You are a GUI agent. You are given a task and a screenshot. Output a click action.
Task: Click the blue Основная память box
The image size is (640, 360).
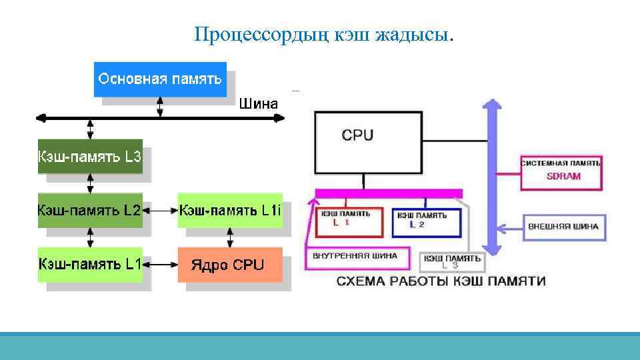[159, 79]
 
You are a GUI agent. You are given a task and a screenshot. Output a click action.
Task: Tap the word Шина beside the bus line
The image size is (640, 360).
[257, 103]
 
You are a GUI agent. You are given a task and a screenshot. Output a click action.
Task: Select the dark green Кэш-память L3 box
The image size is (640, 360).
[90, 157]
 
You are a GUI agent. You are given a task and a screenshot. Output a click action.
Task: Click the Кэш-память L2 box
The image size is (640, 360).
[90, 210]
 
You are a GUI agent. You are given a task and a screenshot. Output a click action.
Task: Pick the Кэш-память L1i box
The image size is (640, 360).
[230, 210]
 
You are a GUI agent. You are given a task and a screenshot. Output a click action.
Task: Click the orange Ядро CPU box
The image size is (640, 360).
[229, 264]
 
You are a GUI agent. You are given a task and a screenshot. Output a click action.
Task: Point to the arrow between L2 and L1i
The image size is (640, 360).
[160, 211]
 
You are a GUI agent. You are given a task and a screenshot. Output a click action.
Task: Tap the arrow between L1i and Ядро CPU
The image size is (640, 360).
[231, 237]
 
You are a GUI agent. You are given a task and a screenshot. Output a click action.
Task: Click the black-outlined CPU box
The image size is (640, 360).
[367, 141]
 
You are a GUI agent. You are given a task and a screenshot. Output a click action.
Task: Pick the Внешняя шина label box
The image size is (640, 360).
[563, 227]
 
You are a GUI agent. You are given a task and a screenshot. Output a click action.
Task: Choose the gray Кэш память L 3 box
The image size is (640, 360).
[452, 261]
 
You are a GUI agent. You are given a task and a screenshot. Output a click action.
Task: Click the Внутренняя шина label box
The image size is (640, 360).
[355, 255]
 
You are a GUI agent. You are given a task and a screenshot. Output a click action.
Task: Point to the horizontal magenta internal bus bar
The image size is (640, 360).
[389, 193]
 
